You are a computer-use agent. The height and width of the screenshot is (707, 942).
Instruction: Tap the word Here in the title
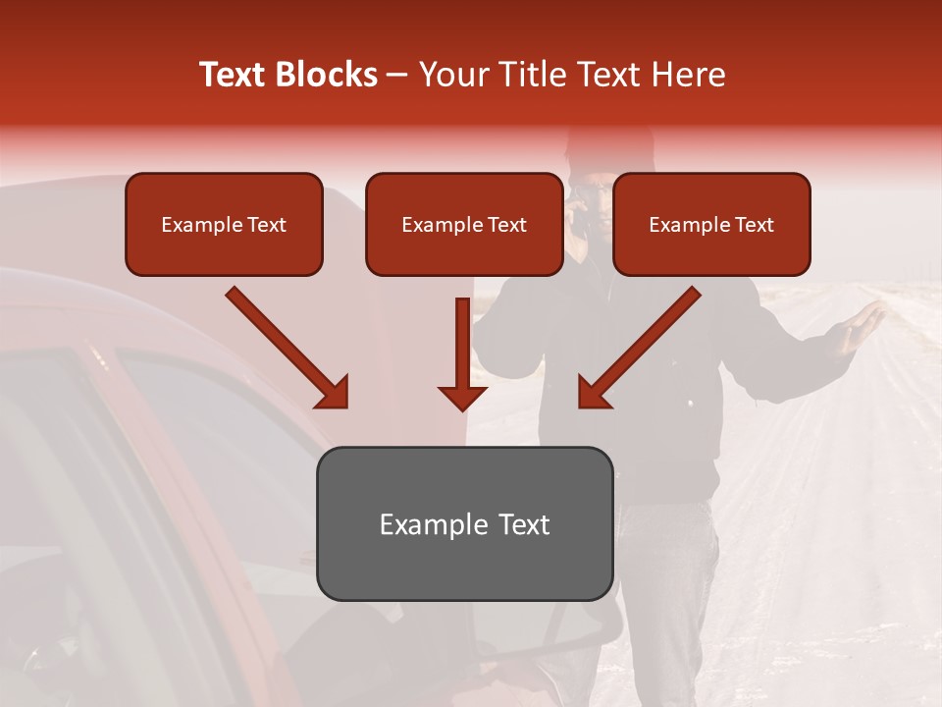pos(688,75)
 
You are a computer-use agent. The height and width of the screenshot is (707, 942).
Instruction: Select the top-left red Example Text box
pos(224,224)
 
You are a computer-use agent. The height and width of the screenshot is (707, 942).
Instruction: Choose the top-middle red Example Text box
pos(464,224)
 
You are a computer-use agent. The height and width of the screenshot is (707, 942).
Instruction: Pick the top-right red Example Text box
pos(711,224)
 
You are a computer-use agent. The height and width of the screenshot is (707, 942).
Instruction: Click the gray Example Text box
pos(464,523)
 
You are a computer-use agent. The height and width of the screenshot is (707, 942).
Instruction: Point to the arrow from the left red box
pos(289,350)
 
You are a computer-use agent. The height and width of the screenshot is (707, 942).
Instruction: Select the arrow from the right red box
pos(638,350)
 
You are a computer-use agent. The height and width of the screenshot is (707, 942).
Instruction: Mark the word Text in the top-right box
pos(754,225)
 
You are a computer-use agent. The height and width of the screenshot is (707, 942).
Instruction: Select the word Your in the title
pos(450,75)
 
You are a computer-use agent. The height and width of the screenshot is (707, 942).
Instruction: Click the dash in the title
pos(397,76)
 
